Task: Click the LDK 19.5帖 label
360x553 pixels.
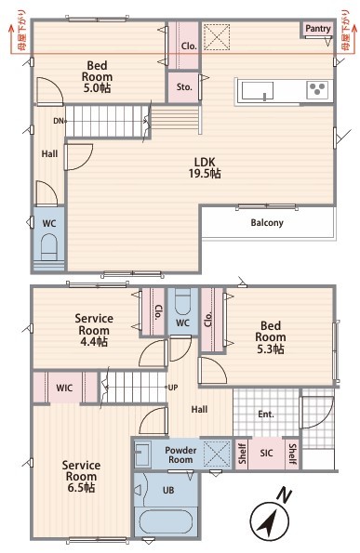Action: (205, 167)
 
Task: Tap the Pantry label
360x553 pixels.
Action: (318, 29)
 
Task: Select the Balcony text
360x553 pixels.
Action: (267, 223)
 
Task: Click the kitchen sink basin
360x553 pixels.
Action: (258, 91)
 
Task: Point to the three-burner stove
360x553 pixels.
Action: (317, 89)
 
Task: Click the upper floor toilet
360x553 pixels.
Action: (49, 248)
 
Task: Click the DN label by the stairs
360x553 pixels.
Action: (59, 121)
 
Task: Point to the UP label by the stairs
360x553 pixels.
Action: (173, 388)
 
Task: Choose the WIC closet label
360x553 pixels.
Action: (64, 388)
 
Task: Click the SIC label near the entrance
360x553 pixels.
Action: (266, 453)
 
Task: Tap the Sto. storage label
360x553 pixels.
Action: (184, 86)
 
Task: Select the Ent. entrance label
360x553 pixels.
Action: (266, 414)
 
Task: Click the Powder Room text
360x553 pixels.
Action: (180, 455)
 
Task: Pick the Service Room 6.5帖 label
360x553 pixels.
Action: (81, 476)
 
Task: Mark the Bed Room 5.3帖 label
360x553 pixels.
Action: (271, 337)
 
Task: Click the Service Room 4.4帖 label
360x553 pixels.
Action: (94, 330)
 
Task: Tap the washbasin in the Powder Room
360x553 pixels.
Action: (143, 454)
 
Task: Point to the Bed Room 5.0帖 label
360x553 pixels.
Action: (97, 76)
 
